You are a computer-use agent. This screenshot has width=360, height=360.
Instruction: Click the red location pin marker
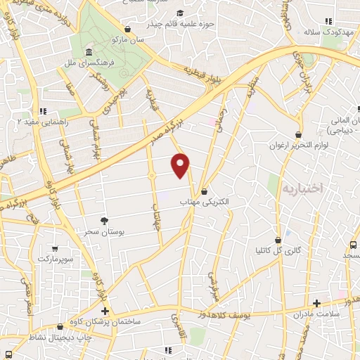pos(181,165)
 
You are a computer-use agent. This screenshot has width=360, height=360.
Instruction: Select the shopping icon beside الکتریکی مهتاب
pos(204,191)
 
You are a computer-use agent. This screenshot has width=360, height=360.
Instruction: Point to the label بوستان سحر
pos(105,231)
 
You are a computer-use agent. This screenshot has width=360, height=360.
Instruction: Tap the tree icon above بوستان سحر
pos(105,221)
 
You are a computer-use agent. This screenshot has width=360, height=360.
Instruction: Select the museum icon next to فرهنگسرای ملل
pos(89,53)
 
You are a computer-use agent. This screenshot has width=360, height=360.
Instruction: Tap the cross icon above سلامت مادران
pos(316,303)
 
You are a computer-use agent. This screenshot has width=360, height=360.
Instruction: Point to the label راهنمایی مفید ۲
pos(27,122)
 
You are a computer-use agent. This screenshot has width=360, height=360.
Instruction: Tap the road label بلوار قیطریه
pos(203,74)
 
